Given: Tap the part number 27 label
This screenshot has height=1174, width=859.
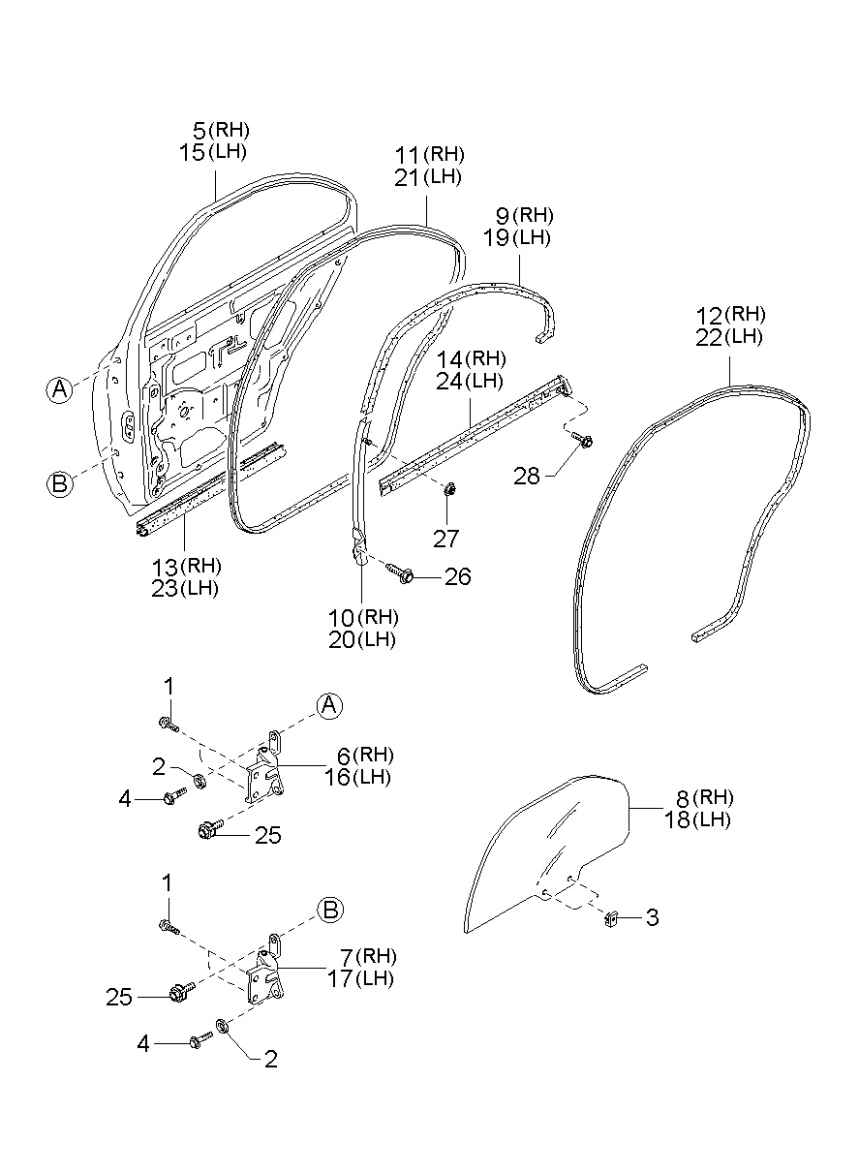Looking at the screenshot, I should (x=446, y=540).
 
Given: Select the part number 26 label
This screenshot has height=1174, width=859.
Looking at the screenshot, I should (x=458, y=577).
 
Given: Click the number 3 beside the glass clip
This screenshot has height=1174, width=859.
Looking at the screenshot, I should (x=652, y=917).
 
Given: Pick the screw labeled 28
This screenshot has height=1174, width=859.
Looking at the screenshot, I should (x=585, y=441).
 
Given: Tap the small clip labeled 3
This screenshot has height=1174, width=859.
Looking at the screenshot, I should (x=613, y=916).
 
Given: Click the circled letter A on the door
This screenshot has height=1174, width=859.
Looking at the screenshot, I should (x=59, y=389).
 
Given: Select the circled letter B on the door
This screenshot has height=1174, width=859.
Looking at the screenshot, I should (x=59, y=483).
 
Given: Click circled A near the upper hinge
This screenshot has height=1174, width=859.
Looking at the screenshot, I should (x=330, y=705).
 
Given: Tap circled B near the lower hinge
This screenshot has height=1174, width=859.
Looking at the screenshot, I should (x=330, y=910).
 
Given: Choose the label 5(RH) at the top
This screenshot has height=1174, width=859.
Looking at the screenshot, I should (x=214, y=130).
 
